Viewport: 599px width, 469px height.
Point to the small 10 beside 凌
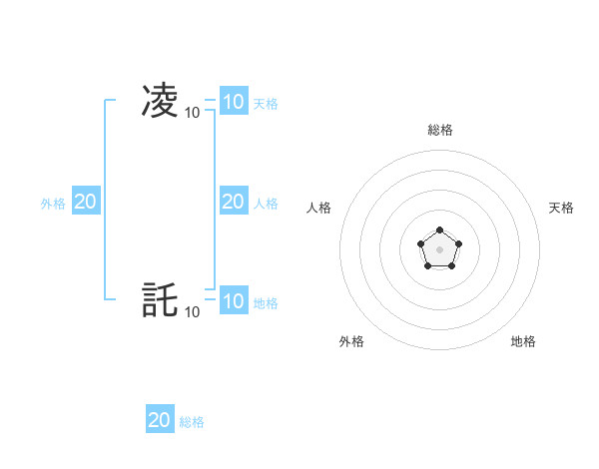(192, 113)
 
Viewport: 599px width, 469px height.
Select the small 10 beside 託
(192, 312)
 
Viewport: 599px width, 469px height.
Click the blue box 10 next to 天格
(233, 101)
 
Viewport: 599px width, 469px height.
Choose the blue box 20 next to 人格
(233, 202)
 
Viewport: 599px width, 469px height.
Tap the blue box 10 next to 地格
(233, 300)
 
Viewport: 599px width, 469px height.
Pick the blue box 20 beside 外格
(85, 202)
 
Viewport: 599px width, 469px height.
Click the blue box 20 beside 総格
(160, 420)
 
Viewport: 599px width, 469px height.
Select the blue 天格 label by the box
(266, 103)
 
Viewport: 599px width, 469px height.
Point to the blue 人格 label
(266, 204)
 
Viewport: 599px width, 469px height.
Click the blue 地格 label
(266, 302)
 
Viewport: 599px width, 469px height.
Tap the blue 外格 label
(53, 204)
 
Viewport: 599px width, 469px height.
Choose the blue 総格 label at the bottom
(192, 422)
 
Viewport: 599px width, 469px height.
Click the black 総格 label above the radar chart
(439, 130)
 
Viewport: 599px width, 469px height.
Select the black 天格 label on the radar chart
(561, 208)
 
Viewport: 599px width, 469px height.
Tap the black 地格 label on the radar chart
(523, 341)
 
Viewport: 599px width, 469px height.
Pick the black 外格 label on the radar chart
(351, 341)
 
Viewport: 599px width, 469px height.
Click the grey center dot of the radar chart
(439, 248)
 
